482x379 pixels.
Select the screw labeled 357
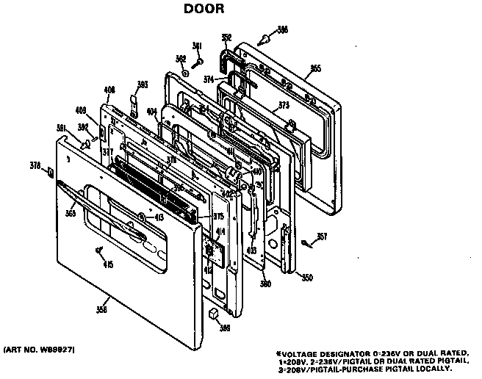coord(303,242)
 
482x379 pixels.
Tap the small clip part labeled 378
coord(49,173)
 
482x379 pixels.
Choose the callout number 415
coord(108,264)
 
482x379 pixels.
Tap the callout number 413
coord(159,217)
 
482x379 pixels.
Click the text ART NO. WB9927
coord(39,346)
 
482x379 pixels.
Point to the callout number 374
coord(209,79)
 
